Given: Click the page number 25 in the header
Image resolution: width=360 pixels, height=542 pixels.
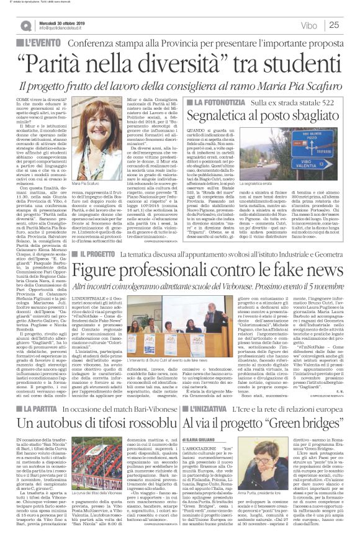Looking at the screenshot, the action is point(349,25).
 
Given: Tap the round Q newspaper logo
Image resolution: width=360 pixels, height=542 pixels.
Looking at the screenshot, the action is point(24,24).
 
